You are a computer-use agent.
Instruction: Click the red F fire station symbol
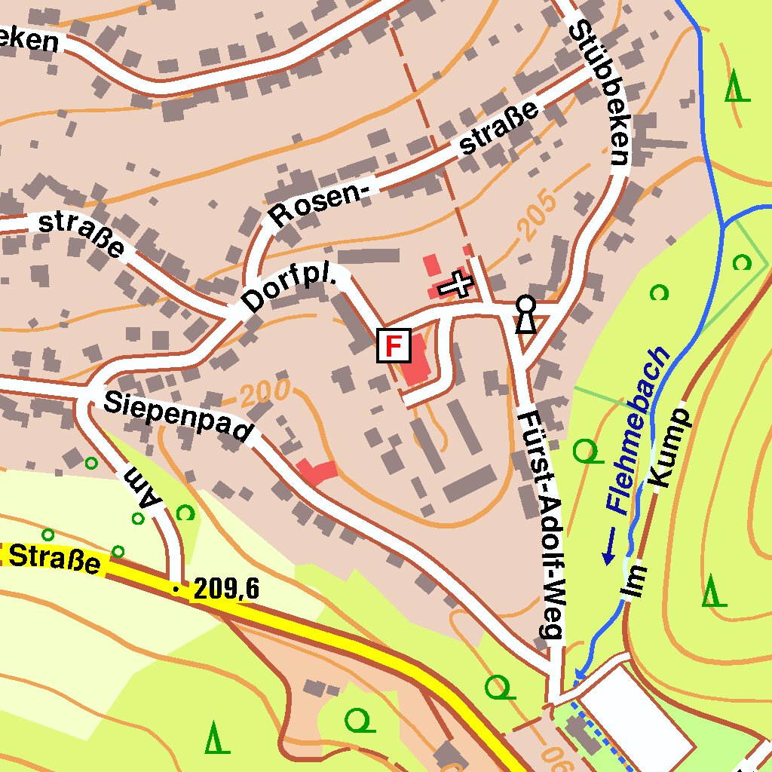point(394,346)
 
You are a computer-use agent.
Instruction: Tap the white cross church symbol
point(455,285)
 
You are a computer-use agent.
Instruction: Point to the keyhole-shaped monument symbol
point(525,314)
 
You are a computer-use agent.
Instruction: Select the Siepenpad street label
point(177,415)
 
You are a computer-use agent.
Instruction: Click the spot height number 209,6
point(226,589)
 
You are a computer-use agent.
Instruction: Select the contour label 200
point(265,392)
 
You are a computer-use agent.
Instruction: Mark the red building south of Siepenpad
point(317,472)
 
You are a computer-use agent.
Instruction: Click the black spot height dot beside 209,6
point(176,590)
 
